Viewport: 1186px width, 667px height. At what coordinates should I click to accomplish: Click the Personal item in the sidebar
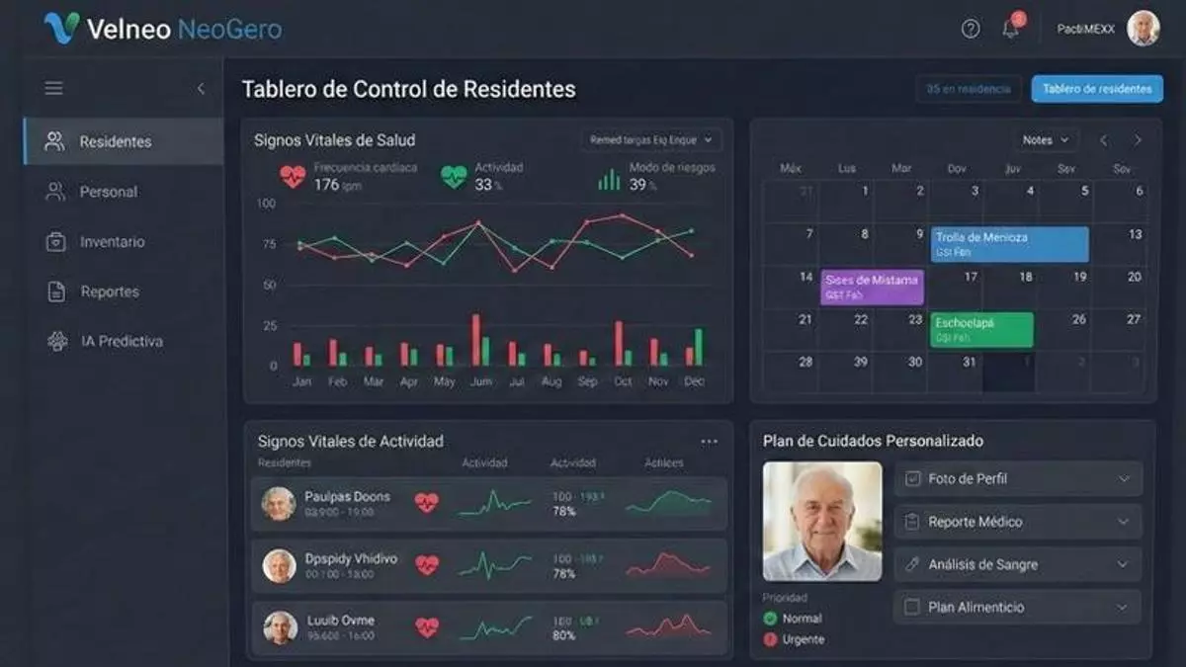pyautogui.click(x=108, y=192)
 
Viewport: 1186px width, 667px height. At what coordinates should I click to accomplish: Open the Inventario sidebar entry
pyautogui.click(x=112, y=242)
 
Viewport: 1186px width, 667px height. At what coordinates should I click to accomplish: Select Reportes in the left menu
pyautogui.click(x=109, y=292)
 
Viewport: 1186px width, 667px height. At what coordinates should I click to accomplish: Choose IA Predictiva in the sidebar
pyautogui.click(x=121, y=342)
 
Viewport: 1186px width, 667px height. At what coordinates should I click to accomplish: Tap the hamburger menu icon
pyautogui.click(x=54, y=89)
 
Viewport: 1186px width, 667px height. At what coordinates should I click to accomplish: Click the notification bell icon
pyautogui.click(x=1010, y=29)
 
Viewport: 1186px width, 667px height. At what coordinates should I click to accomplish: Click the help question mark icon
pyautogui.click(x=971, y=29)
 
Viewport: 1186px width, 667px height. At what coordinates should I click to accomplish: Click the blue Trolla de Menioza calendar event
pyautogui.click(x=1009, y=244)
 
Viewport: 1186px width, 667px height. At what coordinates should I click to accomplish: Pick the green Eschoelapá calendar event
pyautogui.click(x=981, y=330)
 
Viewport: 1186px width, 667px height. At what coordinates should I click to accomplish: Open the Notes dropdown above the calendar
pyautogui.click(x=1047, y=140)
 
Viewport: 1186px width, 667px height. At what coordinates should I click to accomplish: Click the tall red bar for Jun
pyautogui.click(x=475, y=340)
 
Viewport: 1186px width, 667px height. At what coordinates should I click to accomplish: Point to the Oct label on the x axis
pyautogui.click(x=622, y=381)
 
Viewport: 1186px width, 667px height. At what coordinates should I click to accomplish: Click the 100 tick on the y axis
pyautogui.click(x=266, y=204)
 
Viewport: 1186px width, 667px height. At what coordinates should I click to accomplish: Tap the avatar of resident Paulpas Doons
pyautogui.click(x=279, y=503)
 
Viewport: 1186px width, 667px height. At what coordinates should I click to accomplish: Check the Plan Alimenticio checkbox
pyautogui.click(x=912, y=607)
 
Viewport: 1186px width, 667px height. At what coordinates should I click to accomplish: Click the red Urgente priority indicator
pyautogui.click(x=770, y=639)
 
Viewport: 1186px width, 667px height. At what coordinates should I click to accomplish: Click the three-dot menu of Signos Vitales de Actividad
pyautogui.click(x=709, y=442)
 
